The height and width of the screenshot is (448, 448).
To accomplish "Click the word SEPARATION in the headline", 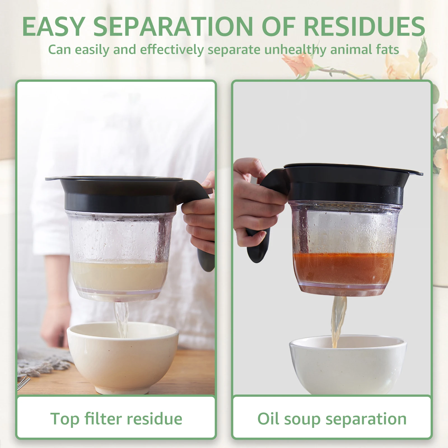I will [x=173, y=27].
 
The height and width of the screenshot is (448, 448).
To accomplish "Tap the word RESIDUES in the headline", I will [x=364, y=27].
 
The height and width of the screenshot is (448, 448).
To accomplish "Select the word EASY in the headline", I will [x=53, y=27].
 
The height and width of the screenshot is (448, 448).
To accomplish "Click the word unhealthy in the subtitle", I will [x=295, y=50].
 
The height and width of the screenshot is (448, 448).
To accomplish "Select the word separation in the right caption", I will [x=366, y=419].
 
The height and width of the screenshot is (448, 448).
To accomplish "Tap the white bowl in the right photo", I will [x=347, y=367].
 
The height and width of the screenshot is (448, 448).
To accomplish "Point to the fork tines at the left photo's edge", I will [x=24, y=382].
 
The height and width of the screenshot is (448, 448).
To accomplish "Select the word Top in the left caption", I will [x=65, y=419].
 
